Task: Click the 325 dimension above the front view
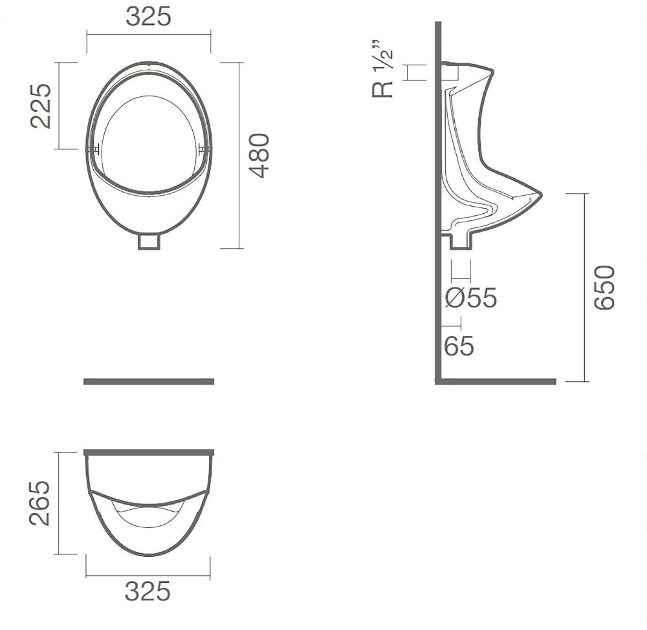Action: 148,17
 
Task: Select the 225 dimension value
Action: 41,105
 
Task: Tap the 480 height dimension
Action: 260,155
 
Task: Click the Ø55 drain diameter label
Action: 471,299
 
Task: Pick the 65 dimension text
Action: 459,346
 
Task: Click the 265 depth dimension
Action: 40,503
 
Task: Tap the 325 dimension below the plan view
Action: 148,591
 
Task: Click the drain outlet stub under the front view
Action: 149,241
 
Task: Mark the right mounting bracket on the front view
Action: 205,149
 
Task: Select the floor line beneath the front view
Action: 149,381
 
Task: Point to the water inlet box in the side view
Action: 450,72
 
